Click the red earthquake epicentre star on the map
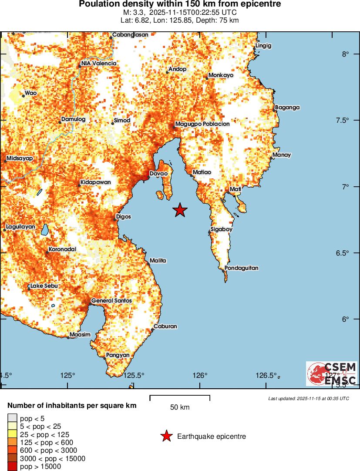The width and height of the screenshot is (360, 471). pyautogui.click(x=180, y=210)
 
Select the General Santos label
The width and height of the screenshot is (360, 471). pyautogui.click(x=111, y=301)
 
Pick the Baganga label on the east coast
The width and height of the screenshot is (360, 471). pyautogui.click(x=287, y=108)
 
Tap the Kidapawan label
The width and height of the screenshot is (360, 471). pyautogui.click(x=95, y=182)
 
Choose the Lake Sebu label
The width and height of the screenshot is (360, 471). pyautogui.click(x=44, y=286)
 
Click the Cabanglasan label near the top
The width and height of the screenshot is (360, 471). pyautogui.click(x=130, y=35)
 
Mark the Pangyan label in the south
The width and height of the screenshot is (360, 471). pyautogui.click(x=118, y=355)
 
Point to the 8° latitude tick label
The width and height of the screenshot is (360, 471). pyautogui.click(x=346, y=54)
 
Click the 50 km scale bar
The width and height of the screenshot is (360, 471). pyautogui.click(x=180, y=397)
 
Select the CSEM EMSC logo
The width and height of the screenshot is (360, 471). pyautogui.click(x=331, y=373)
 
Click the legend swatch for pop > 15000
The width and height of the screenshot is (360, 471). pyautogui.click(x=12, y=467)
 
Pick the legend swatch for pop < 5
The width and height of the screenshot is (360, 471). pyautogui.click(x=12, y=419)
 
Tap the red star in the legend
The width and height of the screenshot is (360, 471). pyautogui.click(x=166, y=436)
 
